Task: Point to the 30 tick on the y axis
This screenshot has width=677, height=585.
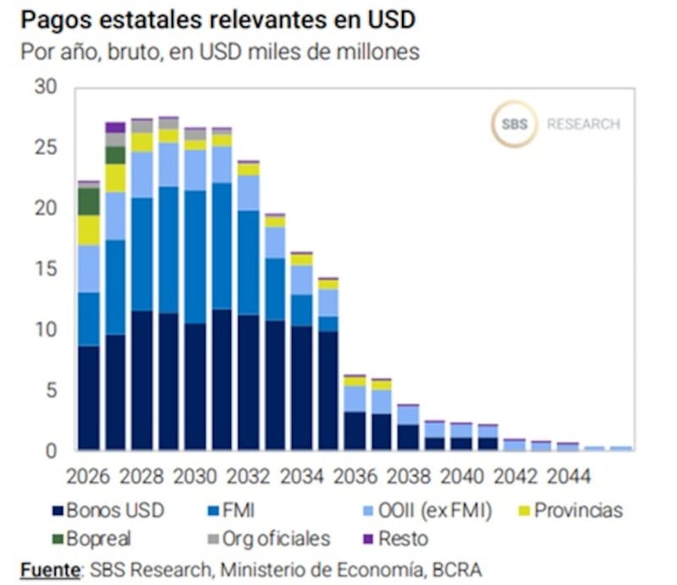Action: pyautogui.click(x=43, y=87)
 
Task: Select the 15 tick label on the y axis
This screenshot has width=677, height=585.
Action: pyautogui.click(x=43, y=269)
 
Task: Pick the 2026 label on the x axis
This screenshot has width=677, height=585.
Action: pyautogui.click(x=89, y=476)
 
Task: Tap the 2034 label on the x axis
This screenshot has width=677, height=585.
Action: pyautogui.click(x=301, y=476)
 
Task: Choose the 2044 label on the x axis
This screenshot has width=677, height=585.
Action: pyautogui.click(x=568, y=476)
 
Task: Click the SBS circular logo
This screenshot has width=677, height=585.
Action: pyautogui.click(x=514, y=124)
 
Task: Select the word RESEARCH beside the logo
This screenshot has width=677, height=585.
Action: pyautogui.click(x=583, y=124)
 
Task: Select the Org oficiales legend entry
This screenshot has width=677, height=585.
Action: pyautogui.click(x=270, y=538)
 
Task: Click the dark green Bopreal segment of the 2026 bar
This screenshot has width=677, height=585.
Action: pyautogui.click(x=89, y=201)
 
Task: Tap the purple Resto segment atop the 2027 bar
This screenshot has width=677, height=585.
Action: pyautogui.click(x=115, y=127)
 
